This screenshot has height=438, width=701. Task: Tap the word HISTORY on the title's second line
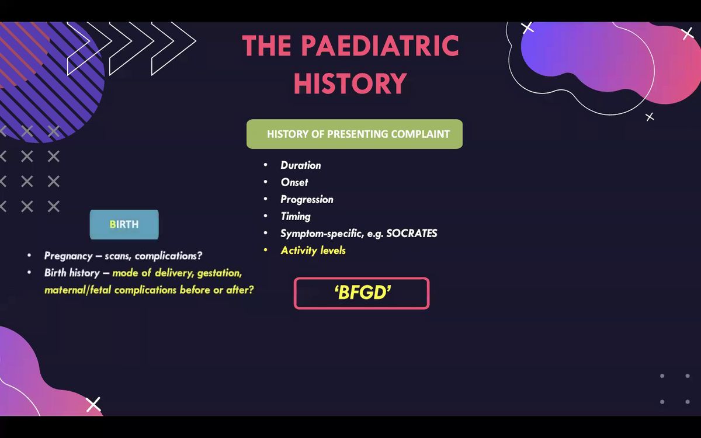point(350,84)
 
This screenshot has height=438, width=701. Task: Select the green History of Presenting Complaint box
point(355,134)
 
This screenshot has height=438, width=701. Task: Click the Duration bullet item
point(300,165)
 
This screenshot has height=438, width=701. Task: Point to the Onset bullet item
point(294,182)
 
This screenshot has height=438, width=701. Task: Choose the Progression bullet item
point(307,199)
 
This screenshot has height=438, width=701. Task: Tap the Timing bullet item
point(295,216)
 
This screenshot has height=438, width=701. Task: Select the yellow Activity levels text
point(313,251)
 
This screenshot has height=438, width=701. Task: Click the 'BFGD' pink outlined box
point(362,293)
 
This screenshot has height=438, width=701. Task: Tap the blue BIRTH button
point(124,225)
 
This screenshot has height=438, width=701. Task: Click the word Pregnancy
point(68,256)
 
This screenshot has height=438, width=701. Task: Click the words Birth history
point(72,273)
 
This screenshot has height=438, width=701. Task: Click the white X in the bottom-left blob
point(93,404)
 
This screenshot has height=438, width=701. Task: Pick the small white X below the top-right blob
point(650,117)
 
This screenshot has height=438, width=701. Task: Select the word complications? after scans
point(169,256)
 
